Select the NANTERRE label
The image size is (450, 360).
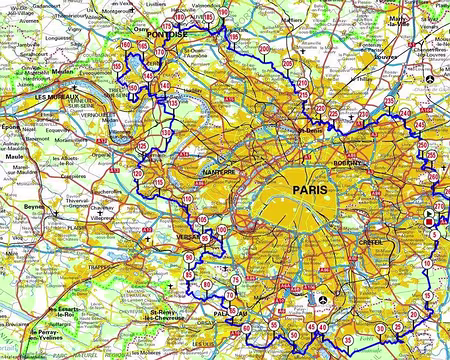(219, 171)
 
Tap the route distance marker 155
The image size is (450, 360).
(118, 66)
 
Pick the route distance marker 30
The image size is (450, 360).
(381, 327)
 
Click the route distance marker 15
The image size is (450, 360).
(427, 297)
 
